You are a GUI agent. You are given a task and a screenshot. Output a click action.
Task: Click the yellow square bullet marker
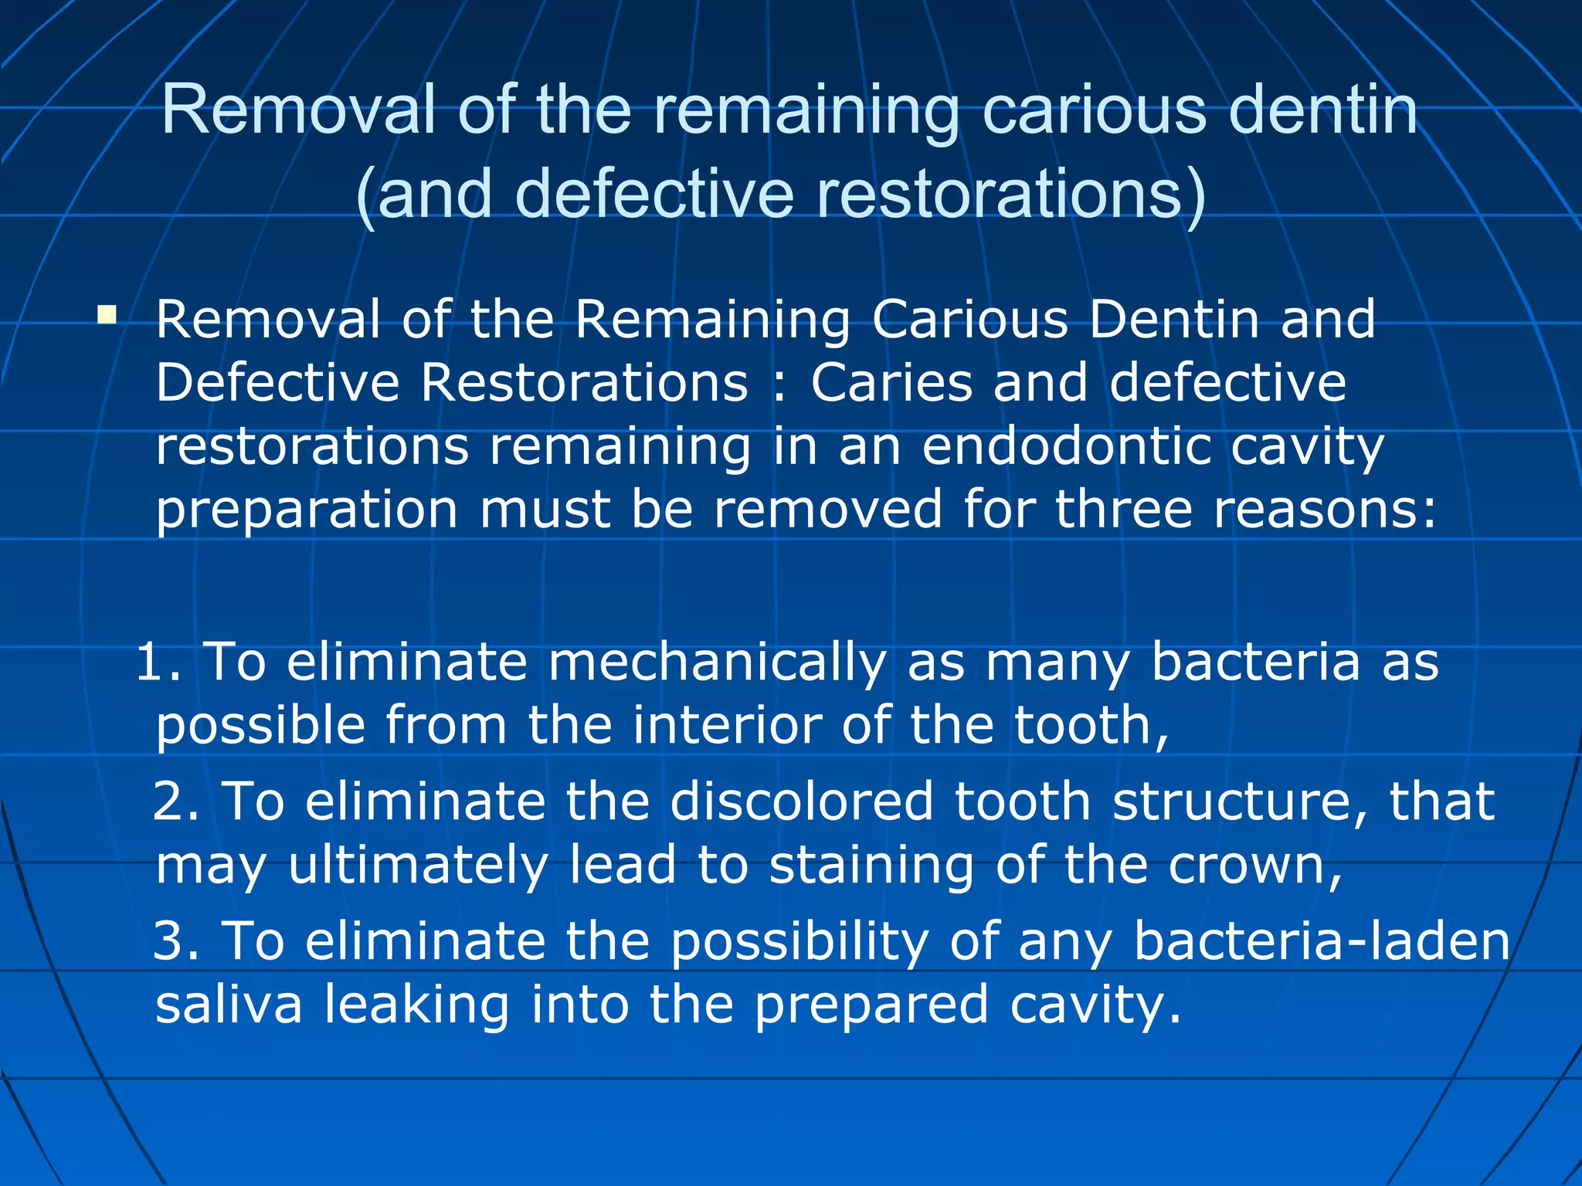(x=107, y=314)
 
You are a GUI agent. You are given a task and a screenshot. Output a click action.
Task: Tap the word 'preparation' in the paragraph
(x=307, y=510)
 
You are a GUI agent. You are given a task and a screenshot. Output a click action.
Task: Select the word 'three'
(x=1124, y=509)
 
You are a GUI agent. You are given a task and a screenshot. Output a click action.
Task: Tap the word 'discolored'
(x=802, y=801)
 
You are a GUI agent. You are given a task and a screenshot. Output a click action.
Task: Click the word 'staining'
(x=871, y=866)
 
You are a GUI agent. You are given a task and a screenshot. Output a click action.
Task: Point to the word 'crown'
(x=1255, y=866)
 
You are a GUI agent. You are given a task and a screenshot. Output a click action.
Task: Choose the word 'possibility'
(x=799, y=941)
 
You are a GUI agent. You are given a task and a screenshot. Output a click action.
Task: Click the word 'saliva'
(x=229, y=1005)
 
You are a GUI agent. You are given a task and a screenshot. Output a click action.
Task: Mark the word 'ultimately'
(x=418, y=866)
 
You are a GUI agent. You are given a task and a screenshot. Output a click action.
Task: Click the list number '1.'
(x=158, y=662)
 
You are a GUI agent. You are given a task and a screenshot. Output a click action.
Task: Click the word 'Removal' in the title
(x=298, y=109)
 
